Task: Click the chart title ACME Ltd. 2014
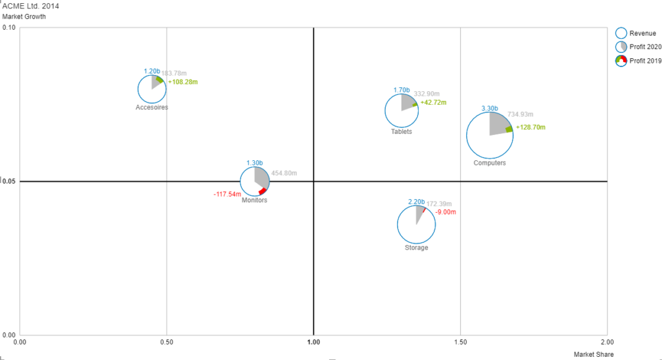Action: coord(31,6)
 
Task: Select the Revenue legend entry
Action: coord(643,34)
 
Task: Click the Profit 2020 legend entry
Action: coord(645,47)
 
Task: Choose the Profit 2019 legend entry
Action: coord(645,61)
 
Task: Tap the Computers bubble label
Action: coord(489,163)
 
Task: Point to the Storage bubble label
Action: coord(416,248)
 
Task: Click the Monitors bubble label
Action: coord(254,200)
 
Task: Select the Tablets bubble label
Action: coord(401,132)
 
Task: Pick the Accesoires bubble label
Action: coord(152,107)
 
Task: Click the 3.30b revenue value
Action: coord(489,109)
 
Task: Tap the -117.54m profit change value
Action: coord(227,194)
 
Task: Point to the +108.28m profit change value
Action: coord(183,82)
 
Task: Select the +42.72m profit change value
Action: coord(433,103)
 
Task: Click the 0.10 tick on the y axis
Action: coord(9,28)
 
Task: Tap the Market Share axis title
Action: coord(593,354)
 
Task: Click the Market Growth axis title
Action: coord(24,16)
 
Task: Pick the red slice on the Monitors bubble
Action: coord(262,191)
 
